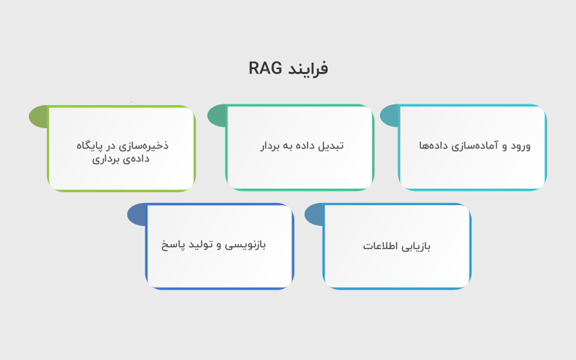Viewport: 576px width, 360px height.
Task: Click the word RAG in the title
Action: point(265,68)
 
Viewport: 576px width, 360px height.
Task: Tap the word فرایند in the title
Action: point(307,69)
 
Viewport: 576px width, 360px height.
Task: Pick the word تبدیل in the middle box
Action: point(330,145)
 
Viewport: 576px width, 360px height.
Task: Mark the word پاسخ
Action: point(173,245)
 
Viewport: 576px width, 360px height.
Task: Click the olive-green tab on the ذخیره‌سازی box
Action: point(37,116)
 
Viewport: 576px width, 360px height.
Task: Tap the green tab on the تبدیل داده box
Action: point(216,116)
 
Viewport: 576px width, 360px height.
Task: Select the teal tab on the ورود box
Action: point(389,116)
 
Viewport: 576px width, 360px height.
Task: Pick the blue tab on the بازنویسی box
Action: point(136,214)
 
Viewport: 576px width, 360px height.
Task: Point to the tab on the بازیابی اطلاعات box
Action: point(313,214)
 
